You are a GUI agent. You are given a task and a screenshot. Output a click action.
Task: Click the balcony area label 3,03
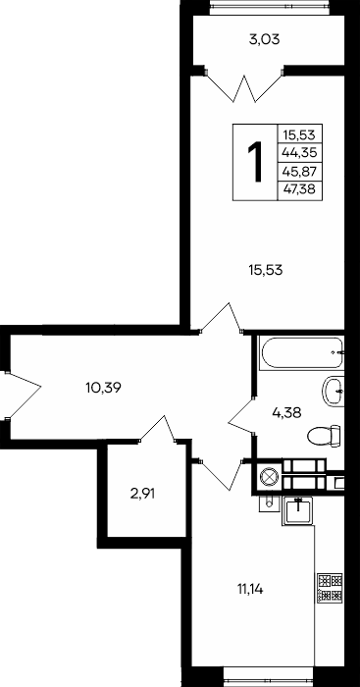click(264, 40)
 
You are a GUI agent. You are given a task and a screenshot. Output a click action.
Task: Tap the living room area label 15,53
click(266, 270)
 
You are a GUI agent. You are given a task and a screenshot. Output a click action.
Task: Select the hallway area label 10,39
click(103, 387)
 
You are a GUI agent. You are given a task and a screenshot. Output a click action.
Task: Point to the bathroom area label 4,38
click(286, 412)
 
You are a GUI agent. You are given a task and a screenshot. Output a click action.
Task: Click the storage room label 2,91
click(143, 495)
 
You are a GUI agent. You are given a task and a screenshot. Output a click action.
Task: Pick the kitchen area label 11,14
click(249, 589)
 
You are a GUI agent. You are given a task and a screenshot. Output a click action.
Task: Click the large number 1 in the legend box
click(256, 162)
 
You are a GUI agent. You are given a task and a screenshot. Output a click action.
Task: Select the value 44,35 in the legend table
click(300, 153)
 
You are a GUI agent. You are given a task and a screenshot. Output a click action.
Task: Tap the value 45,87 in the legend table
click(300, 172)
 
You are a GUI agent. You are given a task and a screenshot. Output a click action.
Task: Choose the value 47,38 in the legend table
click(300, 189)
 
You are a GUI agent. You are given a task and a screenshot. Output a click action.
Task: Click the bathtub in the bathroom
click(301, 352)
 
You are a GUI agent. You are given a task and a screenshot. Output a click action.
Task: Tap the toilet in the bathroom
click(325, 436)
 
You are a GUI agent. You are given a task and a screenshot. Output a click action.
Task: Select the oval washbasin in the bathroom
click(333, 391)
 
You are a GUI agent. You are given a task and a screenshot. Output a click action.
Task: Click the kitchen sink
click(298, 510)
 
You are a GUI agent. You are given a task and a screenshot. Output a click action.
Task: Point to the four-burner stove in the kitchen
click(330, 588)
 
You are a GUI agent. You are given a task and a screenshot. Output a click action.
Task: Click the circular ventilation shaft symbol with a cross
click(267, 477)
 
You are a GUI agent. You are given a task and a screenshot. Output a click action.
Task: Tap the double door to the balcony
click(243, 87)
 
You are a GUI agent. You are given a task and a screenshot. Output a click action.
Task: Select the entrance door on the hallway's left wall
click(22, 395)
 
